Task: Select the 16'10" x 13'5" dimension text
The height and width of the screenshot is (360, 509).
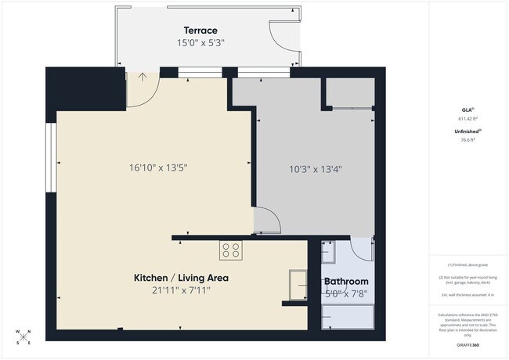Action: (x=158, y=167)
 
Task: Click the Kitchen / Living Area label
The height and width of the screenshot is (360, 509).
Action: (x=181, y=278)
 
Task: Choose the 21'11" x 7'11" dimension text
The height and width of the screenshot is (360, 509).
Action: (x=181, y=290)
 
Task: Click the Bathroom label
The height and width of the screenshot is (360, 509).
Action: (x=346, y=282)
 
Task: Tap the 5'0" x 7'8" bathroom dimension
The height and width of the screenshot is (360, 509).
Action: (x=346, y=294)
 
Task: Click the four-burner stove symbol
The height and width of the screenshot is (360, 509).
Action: (x=230, y=250)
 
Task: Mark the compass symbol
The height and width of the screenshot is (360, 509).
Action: (x=23, y=337)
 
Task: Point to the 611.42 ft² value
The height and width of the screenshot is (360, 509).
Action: (x=467, y=118)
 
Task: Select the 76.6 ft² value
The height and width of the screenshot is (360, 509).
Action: (x=467, y=140)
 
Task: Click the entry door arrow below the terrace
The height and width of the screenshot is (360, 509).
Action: (x=143, y=77)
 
